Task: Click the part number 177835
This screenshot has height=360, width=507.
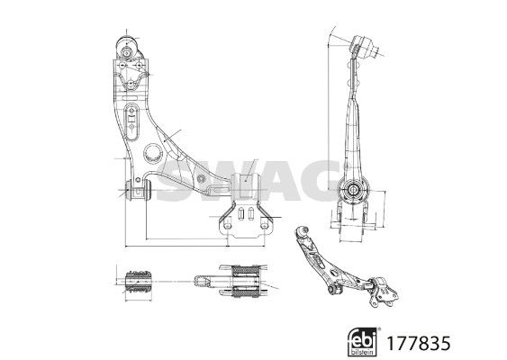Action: tap(419, 344)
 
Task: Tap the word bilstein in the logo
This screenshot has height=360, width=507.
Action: tap(363, 352)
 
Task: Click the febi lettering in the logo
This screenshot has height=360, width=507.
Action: tap(363, 340)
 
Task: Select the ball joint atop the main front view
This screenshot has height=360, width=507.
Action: tap(128, 49)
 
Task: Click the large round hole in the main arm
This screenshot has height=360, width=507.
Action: tap(152, 153)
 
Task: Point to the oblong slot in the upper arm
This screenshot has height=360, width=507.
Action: tap(131, 121)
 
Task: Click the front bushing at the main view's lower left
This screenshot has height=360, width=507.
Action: tap(138, 190)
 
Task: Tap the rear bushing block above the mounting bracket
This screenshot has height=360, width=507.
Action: tap(246, 185)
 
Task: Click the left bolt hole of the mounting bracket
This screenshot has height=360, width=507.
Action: tap(228, 224)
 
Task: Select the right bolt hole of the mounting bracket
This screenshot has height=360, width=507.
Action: tap(265, 224)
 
